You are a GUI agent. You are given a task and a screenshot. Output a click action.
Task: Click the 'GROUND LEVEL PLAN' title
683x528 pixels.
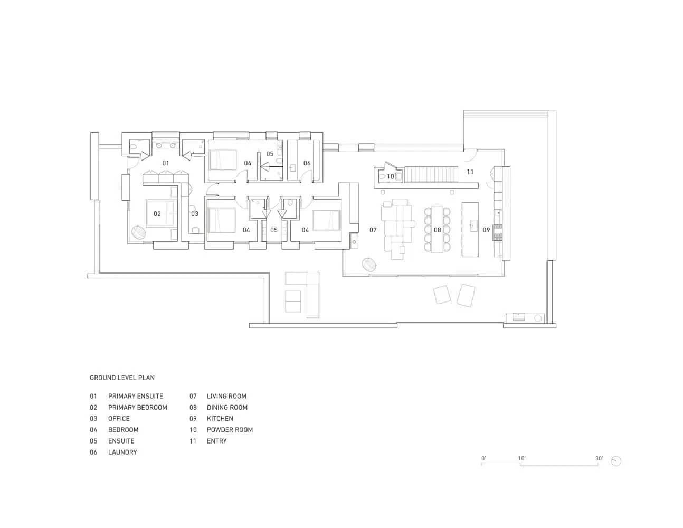click(x=122, y=378)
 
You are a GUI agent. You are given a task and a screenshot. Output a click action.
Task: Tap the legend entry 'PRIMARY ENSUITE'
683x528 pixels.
click(x=136, y=396)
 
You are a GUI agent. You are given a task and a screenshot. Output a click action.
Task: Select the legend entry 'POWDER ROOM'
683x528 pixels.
click(x=230, y=430)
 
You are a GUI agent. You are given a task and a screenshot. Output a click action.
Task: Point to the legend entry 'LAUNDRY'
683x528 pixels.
click(x=122, y=452)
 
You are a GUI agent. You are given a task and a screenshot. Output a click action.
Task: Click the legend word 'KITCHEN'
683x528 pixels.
click(x=220, y=419)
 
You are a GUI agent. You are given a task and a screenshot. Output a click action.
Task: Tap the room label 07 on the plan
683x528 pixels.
click(x=373, y=230)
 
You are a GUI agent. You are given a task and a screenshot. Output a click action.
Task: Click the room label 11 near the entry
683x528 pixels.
click(x=470, y=172)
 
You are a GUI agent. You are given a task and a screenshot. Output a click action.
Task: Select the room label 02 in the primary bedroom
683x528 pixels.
click(x=157, y=214)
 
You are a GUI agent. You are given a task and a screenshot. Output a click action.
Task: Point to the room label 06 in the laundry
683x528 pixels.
click(x=307, y=163)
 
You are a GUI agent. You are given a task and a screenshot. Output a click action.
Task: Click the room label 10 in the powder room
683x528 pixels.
click(x=391, y=176)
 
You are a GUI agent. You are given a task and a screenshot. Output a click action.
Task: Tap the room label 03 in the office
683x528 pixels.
click(x=195, y=214)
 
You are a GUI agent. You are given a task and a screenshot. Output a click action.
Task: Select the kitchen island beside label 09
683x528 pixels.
click(x=470, y=229)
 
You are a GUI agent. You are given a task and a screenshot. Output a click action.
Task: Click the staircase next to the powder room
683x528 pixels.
click(x=431, y=175)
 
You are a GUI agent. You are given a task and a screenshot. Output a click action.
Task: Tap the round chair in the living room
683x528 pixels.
click(x=369, y=264)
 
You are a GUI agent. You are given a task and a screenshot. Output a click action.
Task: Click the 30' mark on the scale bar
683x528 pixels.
click(x=599, y=458)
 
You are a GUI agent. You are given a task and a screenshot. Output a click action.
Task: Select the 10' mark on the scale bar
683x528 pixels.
click(x=521, y=458)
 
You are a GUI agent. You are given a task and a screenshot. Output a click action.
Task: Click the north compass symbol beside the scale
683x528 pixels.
click(x=616, y=461)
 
